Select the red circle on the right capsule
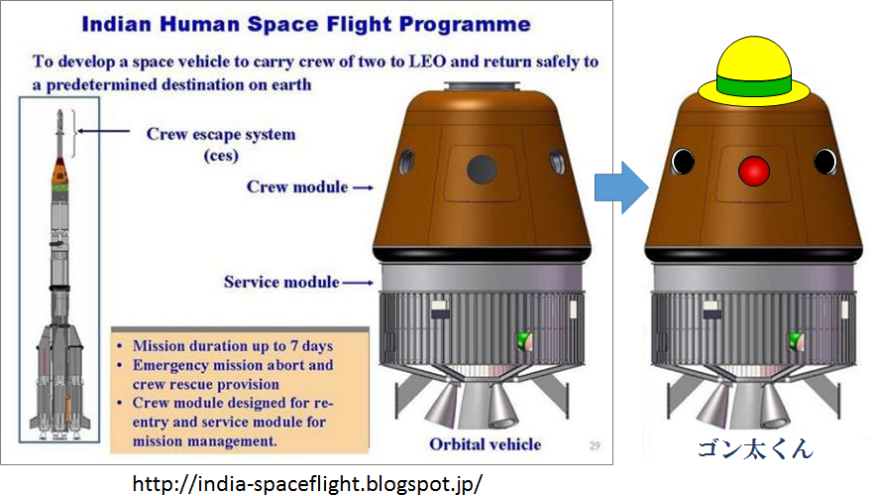tap(754, 171)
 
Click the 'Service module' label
tap(281, 282)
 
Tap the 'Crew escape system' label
tap(221, 134)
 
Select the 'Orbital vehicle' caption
tap(485, 442)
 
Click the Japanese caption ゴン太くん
tap(753, 449)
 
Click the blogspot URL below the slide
tap(307, 483)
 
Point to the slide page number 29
tap(593, 443)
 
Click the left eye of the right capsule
tap(682, 161)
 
